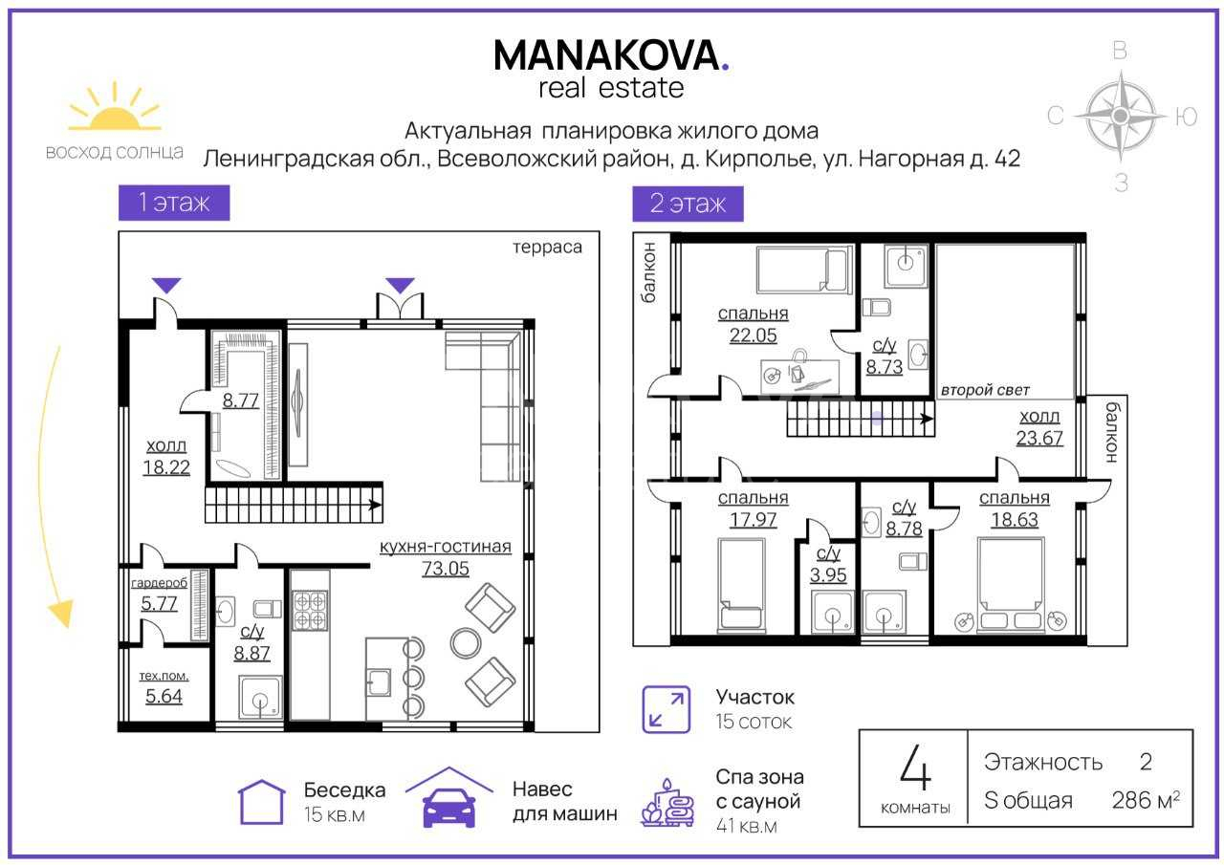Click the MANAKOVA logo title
611,55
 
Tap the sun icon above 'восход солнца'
115,108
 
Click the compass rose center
1121,116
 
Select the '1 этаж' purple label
174,203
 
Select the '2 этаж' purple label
688,204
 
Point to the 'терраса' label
547,248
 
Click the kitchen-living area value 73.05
446,569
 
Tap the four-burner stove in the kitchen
310,611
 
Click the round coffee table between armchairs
466,643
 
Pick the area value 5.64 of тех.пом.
164,696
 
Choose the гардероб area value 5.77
159,603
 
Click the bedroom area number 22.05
753,335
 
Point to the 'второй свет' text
985,390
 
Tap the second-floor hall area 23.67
1039,438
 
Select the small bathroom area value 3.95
828,575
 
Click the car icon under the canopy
449,807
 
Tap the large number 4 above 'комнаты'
915,768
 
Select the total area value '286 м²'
1146,801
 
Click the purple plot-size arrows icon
667,709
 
